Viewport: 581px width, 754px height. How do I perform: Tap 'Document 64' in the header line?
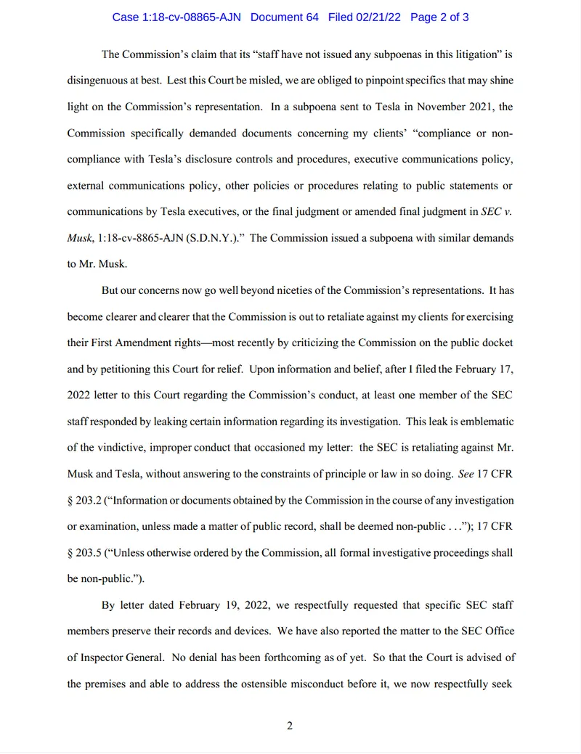click(285, 17)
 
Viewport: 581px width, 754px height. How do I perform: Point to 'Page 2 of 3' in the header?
click(439, 17)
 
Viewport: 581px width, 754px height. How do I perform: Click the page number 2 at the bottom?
click(290, 726)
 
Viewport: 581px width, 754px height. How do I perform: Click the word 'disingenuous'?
click(99, 80)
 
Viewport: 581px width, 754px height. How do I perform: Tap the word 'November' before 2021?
click(426, 107)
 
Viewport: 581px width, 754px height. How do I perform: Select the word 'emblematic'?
click(486, 421)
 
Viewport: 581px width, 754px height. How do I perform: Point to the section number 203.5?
click(92, 553)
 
